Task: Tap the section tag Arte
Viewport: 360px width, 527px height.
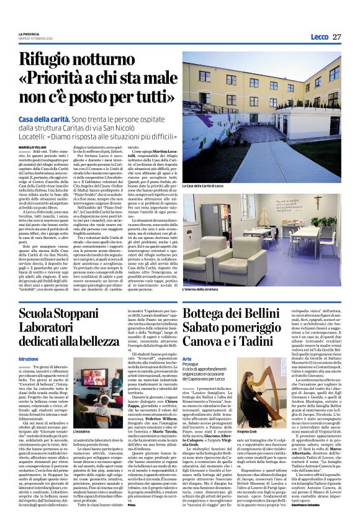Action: (187, 359)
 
